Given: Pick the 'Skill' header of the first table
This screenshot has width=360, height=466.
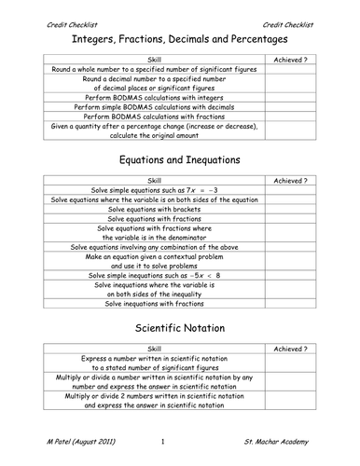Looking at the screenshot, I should [x=154, y=59].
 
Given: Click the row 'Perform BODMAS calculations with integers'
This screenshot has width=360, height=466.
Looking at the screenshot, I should [x=154, y=97].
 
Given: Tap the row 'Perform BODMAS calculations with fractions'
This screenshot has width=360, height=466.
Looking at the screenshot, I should [x=154, y=116].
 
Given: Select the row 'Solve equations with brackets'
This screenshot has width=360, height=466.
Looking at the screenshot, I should [x=154, y=210].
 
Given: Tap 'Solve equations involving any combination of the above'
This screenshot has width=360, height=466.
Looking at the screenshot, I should [x=154, y=247].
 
